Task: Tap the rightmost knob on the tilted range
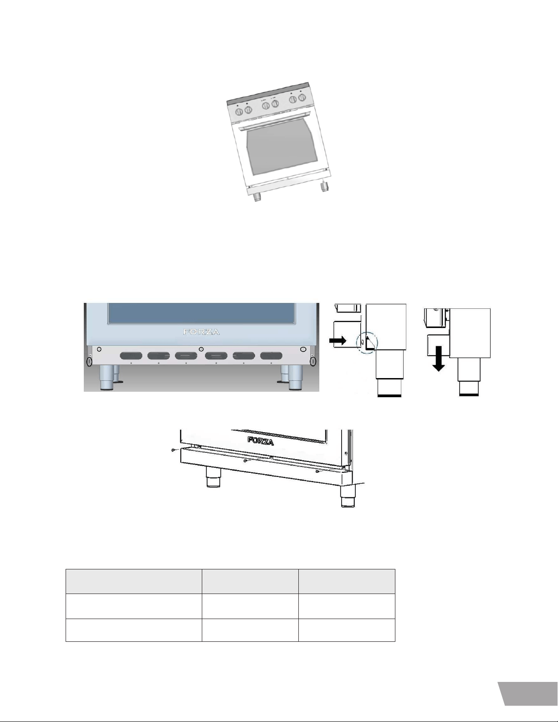pos(302,97)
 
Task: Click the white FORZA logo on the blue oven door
pos(202,332)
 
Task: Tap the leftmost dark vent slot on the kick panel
pos(131,356)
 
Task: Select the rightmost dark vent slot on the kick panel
pos(271,356)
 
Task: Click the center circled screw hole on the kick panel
pos(200,349)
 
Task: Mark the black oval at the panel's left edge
pos(89,361)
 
